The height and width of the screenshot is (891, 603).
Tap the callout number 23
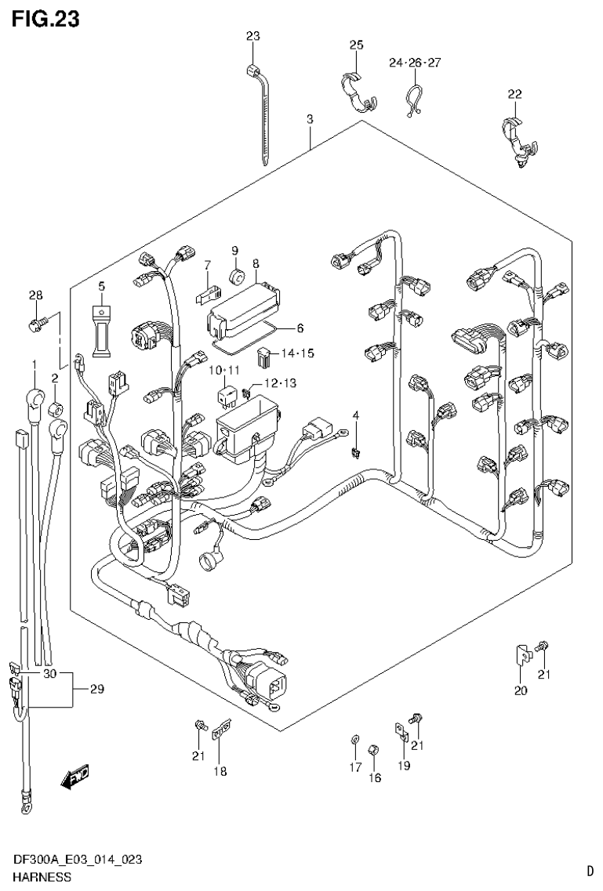point(252,36)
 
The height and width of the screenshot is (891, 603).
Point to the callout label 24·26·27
point(415,63)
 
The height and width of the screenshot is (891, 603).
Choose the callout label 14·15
point(297,354)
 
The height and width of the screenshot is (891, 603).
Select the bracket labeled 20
point(520,654)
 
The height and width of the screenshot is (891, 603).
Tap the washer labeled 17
point(354,739)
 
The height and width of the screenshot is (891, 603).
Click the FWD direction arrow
point(76,777)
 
